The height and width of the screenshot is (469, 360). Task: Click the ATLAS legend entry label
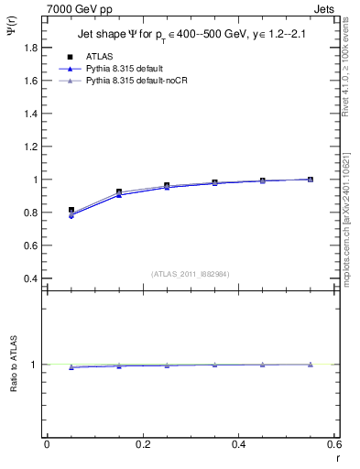click(99, 57)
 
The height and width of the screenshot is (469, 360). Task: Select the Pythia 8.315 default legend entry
click(124, 69)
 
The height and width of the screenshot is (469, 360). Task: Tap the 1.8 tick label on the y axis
click(32, 48)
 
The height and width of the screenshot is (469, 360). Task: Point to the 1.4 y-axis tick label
click(32, 114)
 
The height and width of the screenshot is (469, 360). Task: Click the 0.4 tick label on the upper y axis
click(32, 278)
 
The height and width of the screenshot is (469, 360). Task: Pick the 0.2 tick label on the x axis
click(142, 443)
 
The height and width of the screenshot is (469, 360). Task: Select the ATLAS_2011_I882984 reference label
click(191, 273)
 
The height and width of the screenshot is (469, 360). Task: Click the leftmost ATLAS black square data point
click(71, 210)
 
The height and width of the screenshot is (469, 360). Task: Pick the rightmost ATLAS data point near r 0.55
click(311, 180)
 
